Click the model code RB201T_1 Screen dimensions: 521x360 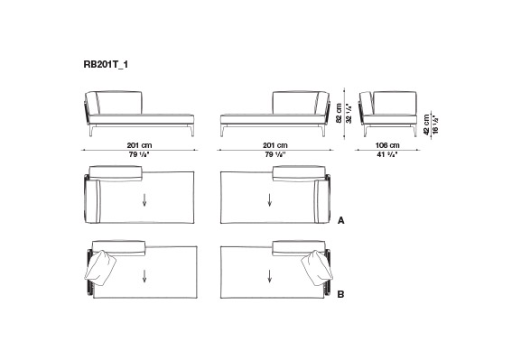[x=106, y=64]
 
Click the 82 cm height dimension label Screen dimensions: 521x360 [x=339, y=113]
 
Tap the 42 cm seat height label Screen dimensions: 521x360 [x=427, y=125]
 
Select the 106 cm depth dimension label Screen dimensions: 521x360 [x=387, y=145]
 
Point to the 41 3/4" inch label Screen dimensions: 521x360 [x=387, y=154]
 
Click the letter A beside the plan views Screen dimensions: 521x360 [x=341, y=220]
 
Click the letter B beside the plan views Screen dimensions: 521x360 [x=341, y=294]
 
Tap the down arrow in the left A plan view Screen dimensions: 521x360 [x=144, y=200]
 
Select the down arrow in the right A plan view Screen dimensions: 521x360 [x=269, y=200]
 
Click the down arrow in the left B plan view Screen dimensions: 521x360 [x=144, y=276]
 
